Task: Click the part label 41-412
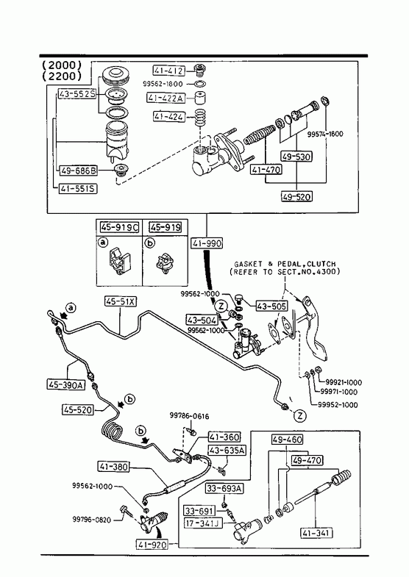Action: click(169, 71)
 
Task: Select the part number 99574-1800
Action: click(325, 135)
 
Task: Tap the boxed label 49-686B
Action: click(78, 171)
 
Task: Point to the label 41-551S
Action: click(78, 189)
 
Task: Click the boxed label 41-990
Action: click(207, 243)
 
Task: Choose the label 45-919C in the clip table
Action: click(119, 228)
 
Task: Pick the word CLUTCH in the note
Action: click(321, 264)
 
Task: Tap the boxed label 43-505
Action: click(271, 306)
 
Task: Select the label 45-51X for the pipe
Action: click(121, 302)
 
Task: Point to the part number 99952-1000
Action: click(338, 405)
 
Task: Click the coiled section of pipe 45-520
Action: click(111, 430)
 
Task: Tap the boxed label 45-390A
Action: click(65, 385)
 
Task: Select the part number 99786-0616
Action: click(189, 416)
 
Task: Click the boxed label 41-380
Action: click(114, 467)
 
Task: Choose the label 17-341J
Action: click(204, 523)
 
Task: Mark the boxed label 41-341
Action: click(316, 533)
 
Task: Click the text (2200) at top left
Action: click(62, 76)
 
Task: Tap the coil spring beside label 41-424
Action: click(200, 118)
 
